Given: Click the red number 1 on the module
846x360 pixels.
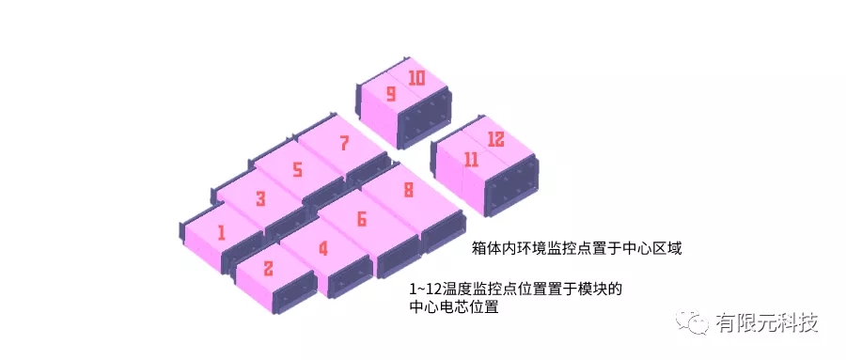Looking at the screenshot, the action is pyautogui.click(x=221, y=231).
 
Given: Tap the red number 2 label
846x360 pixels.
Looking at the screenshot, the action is pyautogui.click(x=268, y=269).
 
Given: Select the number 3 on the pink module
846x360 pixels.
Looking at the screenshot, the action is pyautogui.click(x=260, y=198).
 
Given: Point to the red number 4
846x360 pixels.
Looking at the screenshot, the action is pyautogui.click(x=322, y=249).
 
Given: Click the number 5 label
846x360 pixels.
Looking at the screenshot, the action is pyautogui.click(x=297, y=169).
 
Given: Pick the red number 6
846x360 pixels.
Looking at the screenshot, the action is pyautogui.click(x=361, y=219).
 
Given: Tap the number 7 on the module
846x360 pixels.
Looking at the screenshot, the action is pyautogui.click(x=344, y=144).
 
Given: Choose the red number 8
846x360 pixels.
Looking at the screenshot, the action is pyautogui.click(x=407, y=190).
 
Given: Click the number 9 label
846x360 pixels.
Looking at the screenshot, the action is pyautogui.click(x=390, y=94).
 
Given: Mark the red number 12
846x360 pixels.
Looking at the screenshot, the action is pyautogui.click(x=495, y=140).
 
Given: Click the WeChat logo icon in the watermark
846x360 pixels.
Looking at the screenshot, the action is pyautogui.click(x=697, y=322).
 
